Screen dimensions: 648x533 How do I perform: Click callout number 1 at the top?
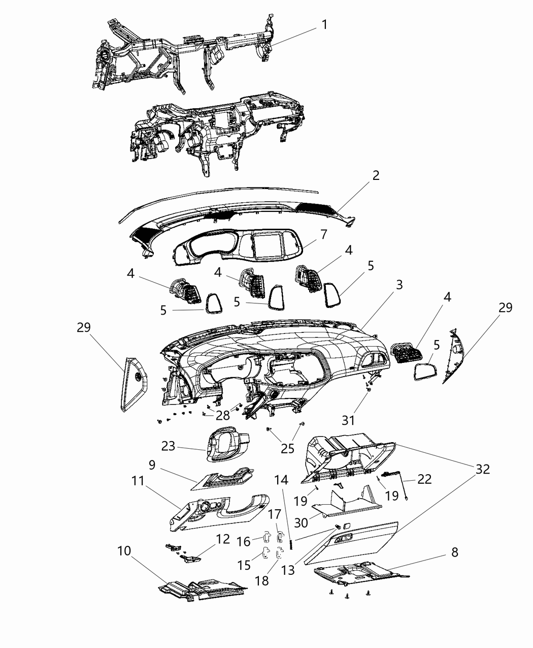pos(324,24)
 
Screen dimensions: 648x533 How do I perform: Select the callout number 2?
pos(375,176)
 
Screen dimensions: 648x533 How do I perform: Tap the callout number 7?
pos(323,234)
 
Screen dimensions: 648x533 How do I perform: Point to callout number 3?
pos(399,285)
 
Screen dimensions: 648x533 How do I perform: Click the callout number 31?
pos(348,420)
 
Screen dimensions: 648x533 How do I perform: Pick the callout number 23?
pos(168,446)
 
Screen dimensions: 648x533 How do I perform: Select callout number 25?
pos(287,448)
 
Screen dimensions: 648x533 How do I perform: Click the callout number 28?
pos(222,416)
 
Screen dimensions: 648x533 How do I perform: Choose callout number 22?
pos(424,479)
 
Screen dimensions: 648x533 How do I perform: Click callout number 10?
pos(124,551)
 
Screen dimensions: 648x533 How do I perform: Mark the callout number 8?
pos(454,552)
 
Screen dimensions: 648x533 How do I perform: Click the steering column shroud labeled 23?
pos(228,445)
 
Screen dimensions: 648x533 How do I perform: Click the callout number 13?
pos(287,570)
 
